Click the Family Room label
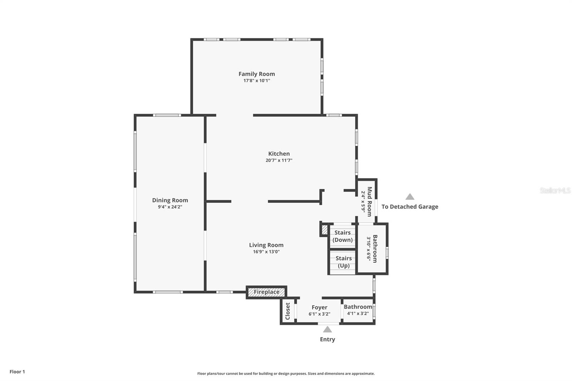pos(257,74)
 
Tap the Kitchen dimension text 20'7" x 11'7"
pos(279,160)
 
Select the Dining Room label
pos(170,200)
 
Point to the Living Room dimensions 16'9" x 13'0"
pos(266,252)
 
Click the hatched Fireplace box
pos(266,292)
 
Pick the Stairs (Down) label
pos(342,236)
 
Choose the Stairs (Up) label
pos(343,262)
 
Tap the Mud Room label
pos(370,201)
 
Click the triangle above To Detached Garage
pos(410,197)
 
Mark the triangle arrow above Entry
pos(327,330)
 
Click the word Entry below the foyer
pos(327,340)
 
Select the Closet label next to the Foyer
pos(288,311)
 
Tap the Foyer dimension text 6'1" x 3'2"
pos(319,314)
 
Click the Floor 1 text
pos(17,372)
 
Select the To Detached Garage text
pos(410,207)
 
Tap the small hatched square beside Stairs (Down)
pos(325,229)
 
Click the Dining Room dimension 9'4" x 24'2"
pos(170,207)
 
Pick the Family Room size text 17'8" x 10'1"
pos(257,81)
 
